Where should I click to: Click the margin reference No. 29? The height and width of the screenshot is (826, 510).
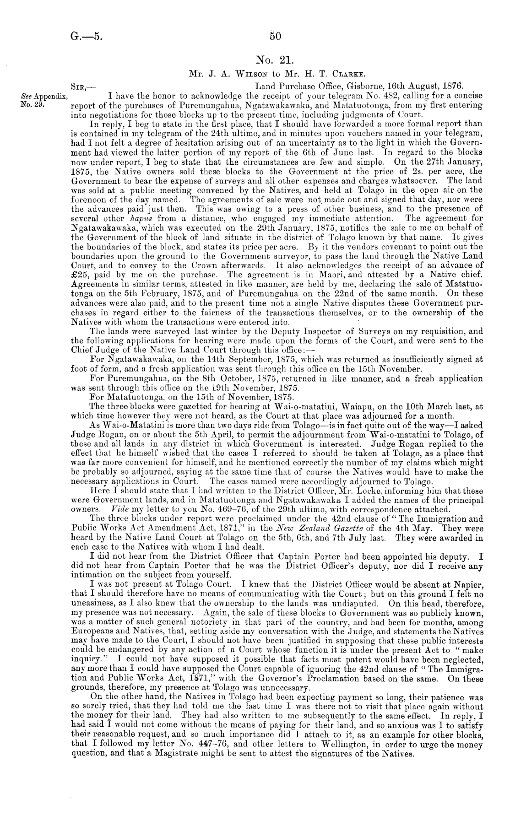(31, 104)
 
